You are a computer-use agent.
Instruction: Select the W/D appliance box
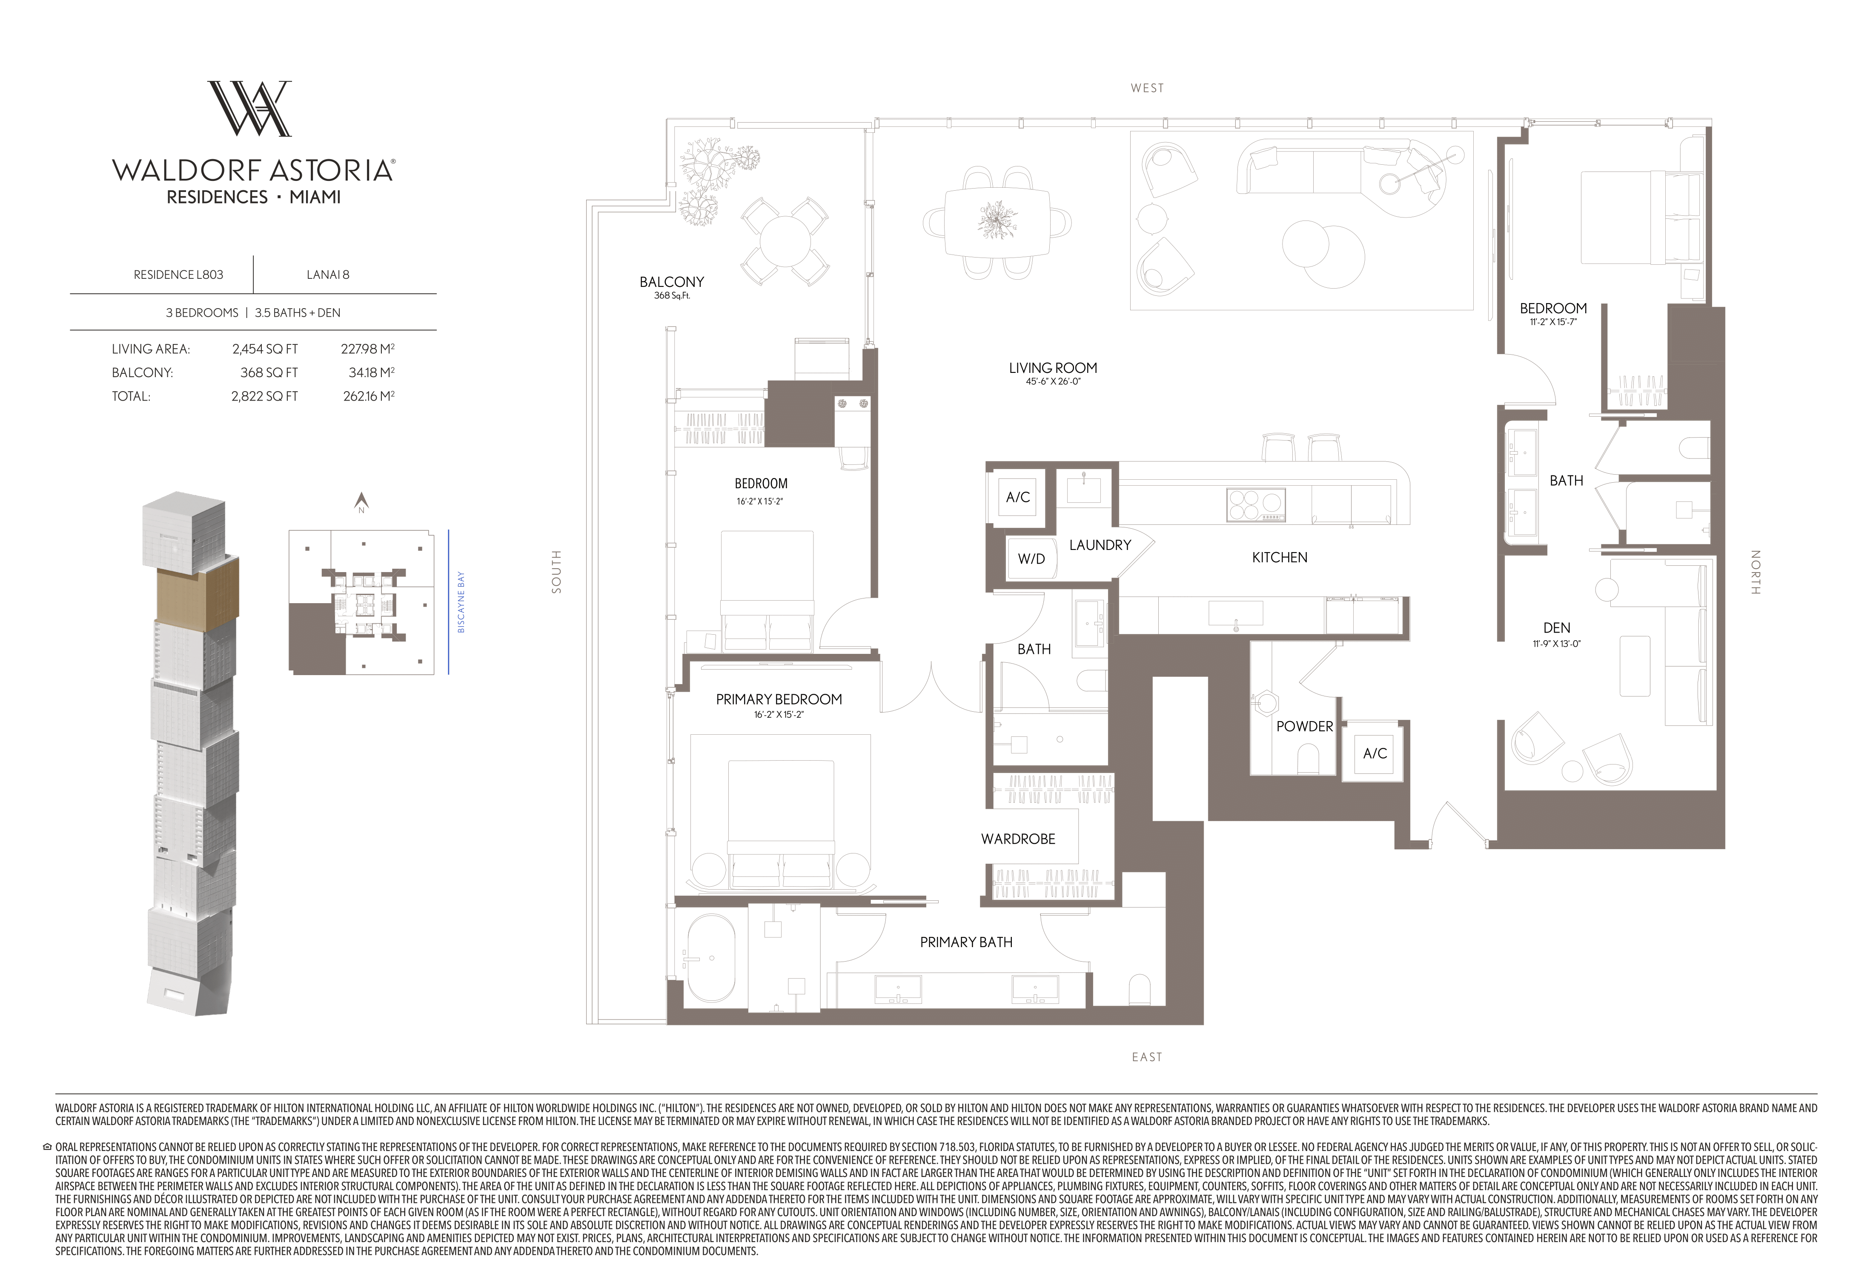click(x=1031, y=558)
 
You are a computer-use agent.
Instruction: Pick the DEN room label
click(x=1556, y=627)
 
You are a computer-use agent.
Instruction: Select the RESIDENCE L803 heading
click(x=178, y=275)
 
